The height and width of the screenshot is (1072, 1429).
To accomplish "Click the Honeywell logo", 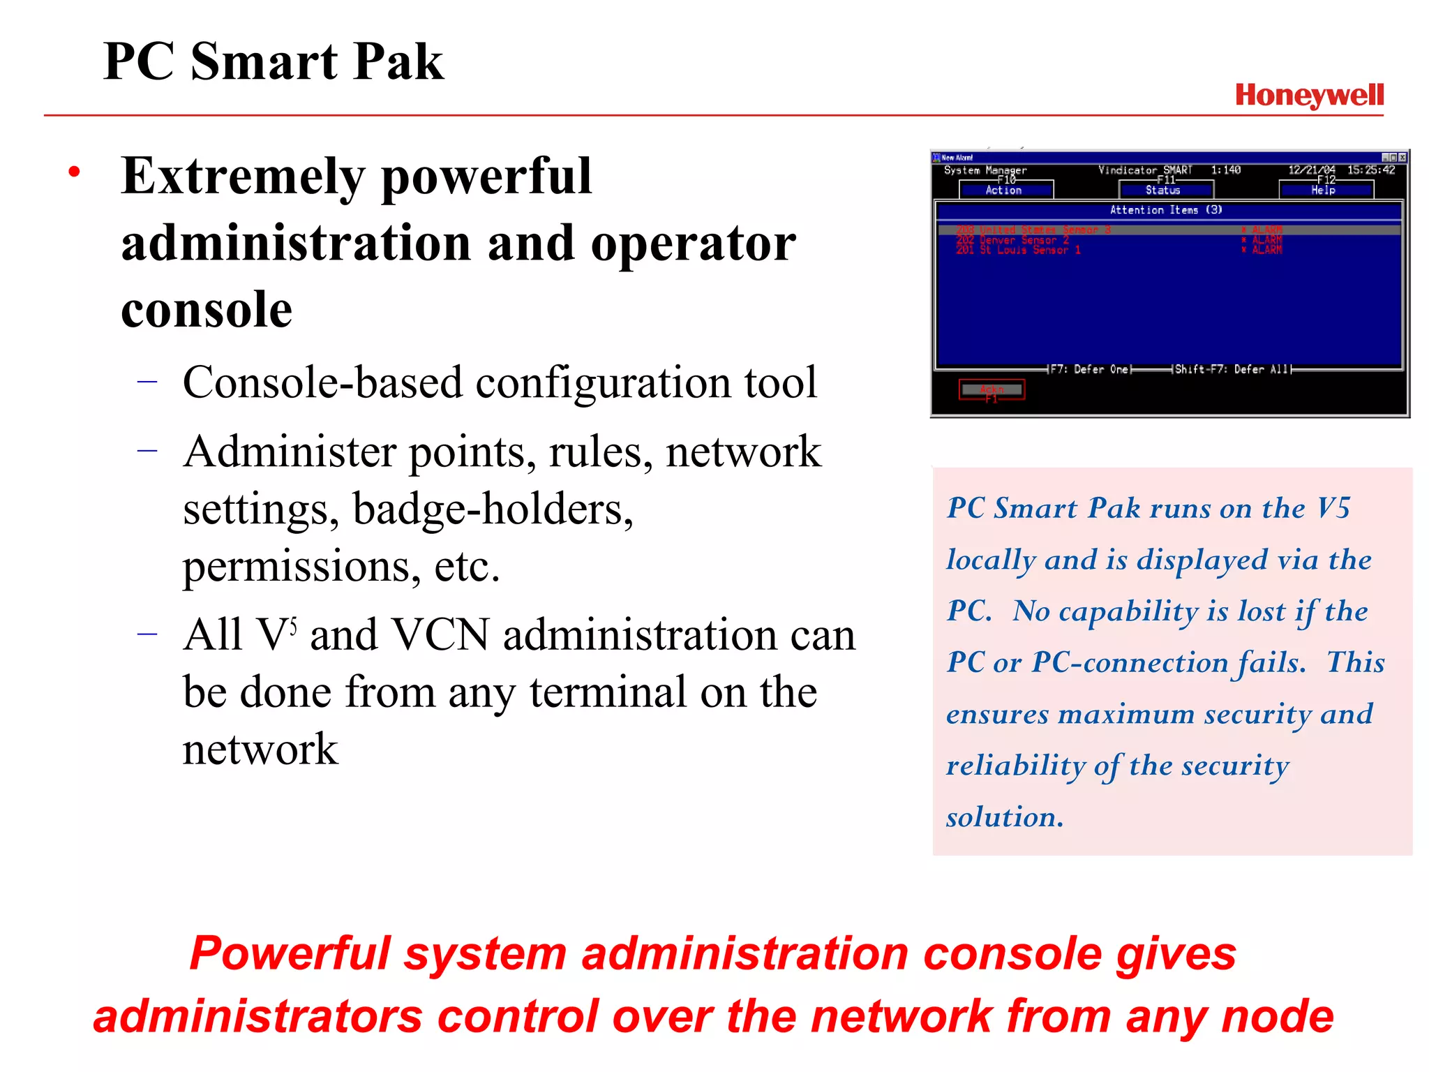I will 1309,96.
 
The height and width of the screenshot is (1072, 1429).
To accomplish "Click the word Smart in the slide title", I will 264,62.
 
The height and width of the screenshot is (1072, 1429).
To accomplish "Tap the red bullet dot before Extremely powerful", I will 75,172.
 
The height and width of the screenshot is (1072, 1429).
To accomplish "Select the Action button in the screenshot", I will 1005,190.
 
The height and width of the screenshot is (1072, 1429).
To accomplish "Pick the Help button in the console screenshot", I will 1325,190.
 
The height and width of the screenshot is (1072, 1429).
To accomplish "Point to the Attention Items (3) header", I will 1166,210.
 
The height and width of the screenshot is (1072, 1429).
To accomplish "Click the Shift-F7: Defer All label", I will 1232,369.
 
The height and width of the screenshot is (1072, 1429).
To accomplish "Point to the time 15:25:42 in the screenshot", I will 1371,170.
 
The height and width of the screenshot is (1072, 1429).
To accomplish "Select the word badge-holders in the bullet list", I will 493,509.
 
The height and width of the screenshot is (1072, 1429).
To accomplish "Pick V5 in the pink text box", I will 1333,508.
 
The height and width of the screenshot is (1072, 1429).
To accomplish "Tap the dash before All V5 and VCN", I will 147,634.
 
